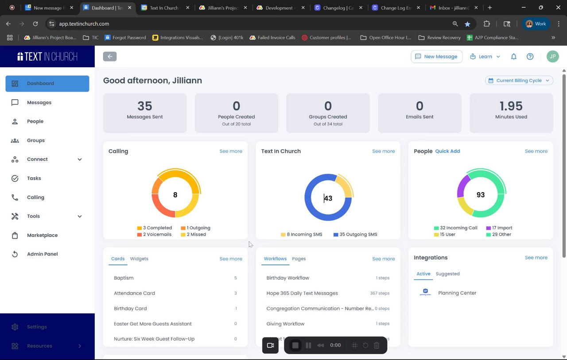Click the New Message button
(x=436, y=57)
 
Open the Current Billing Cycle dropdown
(x=519, y=81)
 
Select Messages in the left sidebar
(x=39, y=102)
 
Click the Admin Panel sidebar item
(x=42, y=254)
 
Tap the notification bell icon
(x=514, y=57)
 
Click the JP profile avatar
(x=552, y=57)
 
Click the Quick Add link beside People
(x=447, y=151)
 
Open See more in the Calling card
(x=231, y=151)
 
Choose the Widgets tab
(x=139, y=259)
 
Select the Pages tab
(x=299, y=259)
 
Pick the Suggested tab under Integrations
(x=447, y=274)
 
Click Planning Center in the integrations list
(x=457, y=293)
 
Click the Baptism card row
(x=124, y=278)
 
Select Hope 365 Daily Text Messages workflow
(x=302, y=293)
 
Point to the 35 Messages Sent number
(x=145, y=106)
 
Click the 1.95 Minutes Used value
(x=511, y=106)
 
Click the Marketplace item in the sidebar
(x=42, y=235)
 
